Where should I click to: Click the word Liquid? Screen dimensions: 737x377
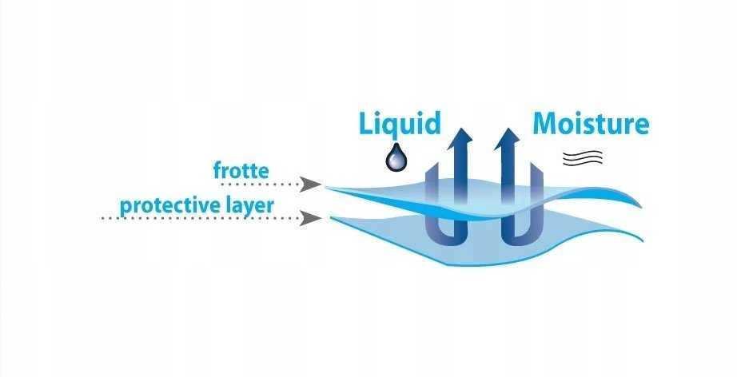[x=400, y=125]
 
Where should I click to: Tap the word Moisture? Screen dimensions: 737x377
[x=591, y=124]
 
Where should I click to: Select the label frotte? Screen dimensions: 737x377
[x=241, y=170]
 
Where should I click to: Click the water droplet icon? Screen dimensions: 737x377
[x=396, y=157]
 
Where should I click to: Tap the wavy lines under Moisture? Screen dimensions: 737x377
[x=583, y=157]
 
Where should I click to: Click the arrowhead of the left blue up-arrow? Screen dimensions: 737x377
[x=460, y=138]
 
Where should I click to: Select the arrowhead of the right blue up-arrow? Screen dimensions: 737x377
[x=507, y=138]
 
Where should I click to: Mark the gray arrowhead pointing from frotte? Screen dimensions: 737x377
[x=310, y=185]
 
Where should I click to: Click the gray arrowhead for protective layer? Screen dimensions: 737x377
[x=310, y=218]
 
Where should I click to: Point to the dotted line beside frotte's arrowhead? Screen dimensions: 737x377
[x=260, y=185]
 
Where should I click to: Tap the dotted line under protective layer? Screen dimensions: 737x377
[x=201, y=218]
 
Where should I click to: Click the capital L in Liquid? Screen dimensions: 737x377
[x=367, y=124]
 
